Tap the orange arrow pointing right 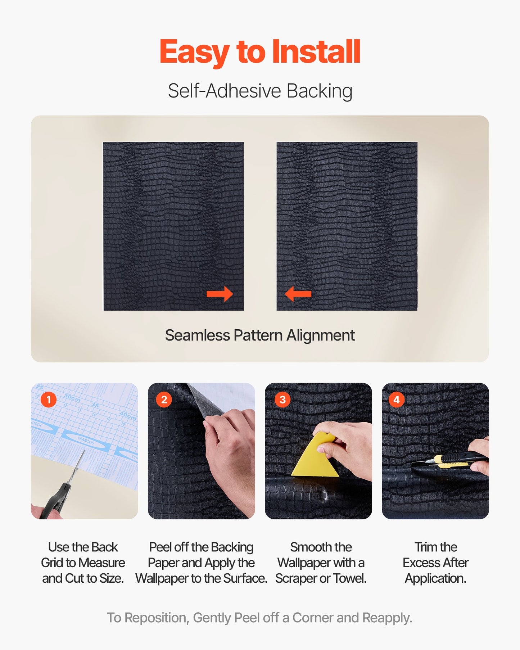pyautogui.click(x=220, y=294)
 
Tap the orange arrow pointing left pyautogui.click(x=298, y=294)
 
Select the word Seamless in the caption pyautogui.click(x=198, y=335)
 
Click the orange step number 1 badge pyautogui.click(x=49, y=400)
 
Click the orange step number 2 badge pyautogui.click(x=164, y=400)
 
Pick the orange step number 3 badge pyautogui.click(x=282, y=400)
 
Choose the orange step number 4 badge pyautogui.click(x=397, y=400)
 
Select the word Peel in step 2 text pyautogui.click(x=160, y=547)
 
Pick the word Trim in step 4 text pyautogui.click(x=424, y=547)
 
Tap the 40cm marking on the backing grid pyautogui.click(x=128, y=416)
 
